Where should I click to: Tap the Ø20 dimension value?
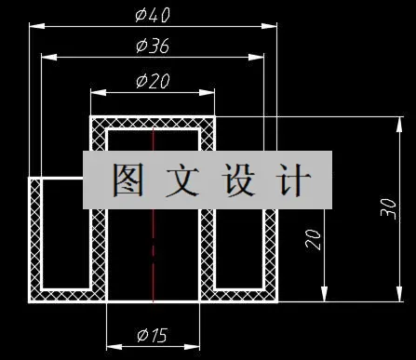(x=153, y=81)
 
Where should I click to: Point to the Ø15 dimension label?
(x=153, y=334)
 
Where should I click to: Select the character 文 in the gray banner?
(x=181, y=180)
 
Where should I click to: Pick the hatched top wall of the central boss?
(x=154, y=122)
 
